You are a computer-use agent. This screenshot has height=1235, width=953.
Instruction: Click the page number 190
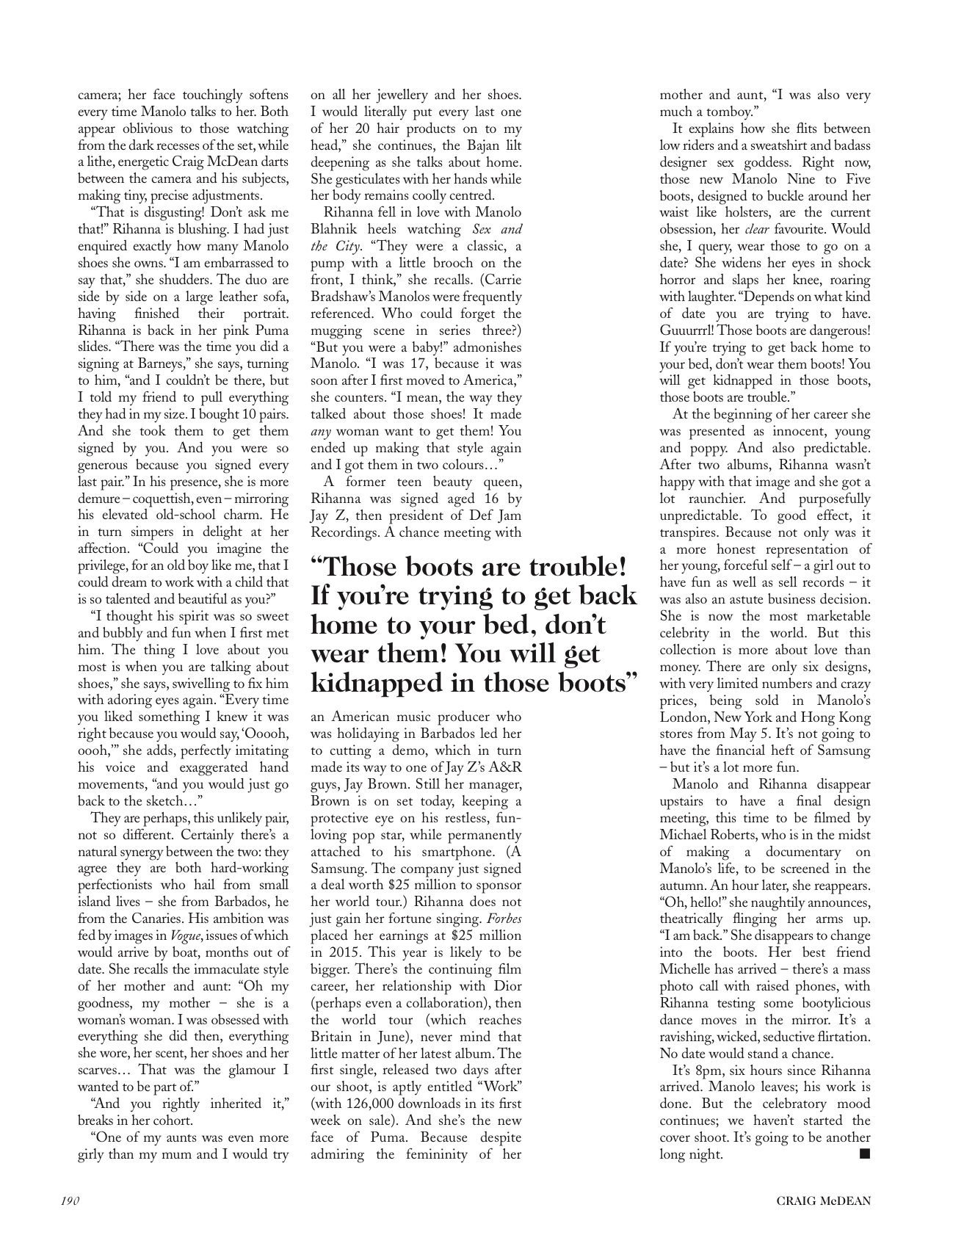click(x=70, y=1201)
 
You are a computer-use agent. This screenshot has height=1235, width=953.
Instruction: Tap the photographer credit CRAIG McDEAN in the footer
click(x=824, y=1201)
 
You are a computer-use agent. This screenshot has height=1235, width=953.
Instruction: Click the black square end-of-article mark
click(x=864, y=1153)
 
